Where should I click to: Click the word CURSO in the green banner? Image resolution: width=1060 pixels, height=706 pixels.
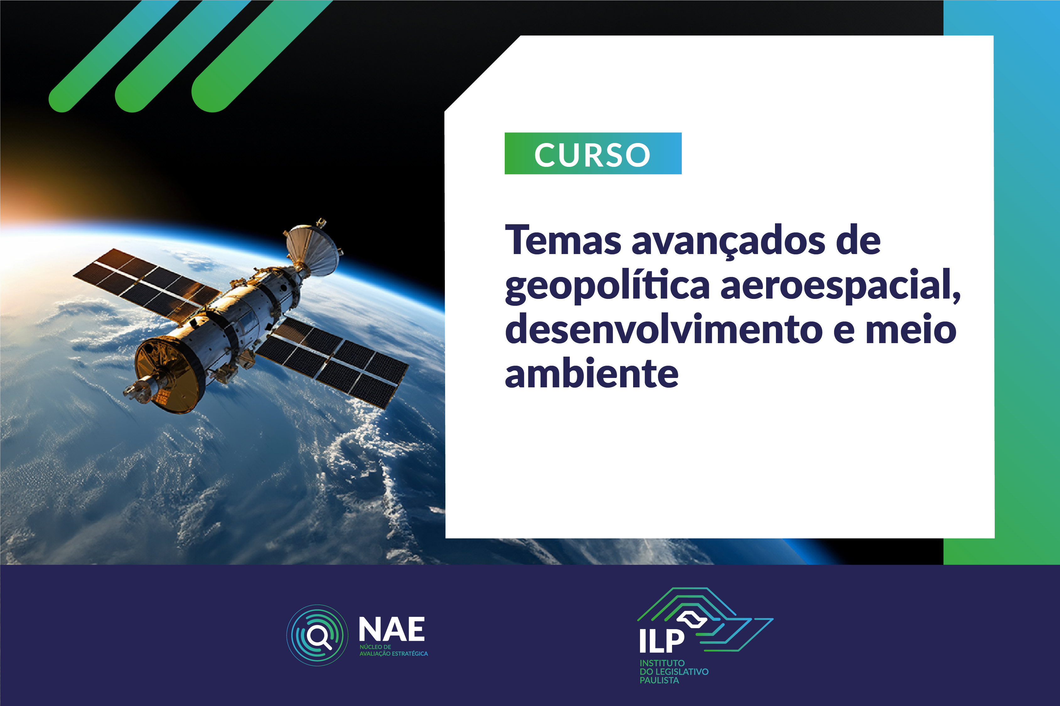(x=592, y=154)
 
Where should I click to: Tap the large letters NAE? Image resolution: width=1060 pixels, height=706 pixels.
(x=391, y=629)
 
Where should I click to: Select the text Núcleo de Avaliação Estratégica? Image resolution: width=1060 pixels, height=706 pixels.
(x=393, y=650)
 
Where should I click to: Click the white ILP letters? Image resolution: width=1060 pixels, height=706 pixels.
(x=661, y=640)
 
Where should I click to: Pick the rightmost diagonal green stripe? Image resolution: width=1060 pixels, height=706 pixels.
(x=261, y=56)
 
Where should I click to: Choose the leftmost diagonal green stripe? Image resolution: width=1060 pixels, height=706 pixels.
(x=113, y=56)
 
